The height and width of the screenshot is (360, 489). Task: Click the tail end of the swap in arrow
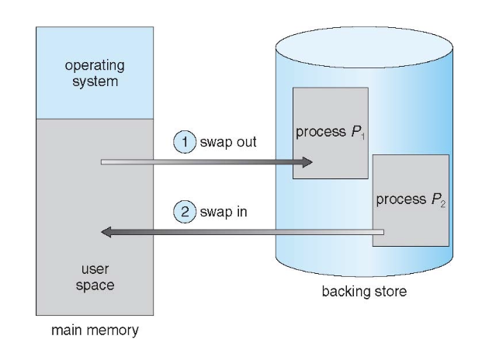click(x=380, y=231)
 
